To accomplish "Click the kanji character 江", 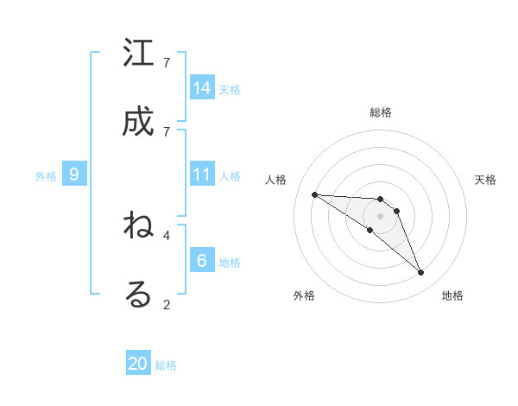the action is tap(139, 54).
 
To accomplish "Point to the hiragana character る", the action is tap(139, 294).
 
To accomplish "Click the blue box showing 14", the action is tap(202, 88).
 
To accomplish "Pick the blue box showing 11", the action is tap(202, 174).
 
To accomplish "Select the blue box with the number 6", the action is tap(202, 261).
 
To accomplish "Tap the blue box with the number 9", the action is tap(74, 174).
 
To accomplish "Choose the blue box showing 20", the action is tap(138, 364).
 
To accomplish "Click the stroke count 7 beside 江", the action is tap(167, 62).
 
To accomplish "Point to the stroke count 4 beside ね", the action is tap(167, 234).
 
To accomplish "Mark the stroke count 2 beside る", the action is tap(167, 303).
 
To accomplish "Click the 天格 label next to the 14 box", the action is tap(230, 89).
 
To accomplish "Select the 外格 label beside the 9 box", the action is tap(46, 175).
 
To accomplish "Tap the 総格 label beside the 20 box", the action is tap(166, 365).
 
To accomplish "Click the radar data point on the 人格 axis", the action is tap(314, 194).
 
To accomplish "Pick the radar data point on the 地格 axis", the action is tap(421, 273).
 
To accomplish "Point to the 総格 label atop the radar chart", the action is tap(381, 112).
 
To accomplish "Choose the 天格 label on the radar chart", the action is tap(485, 180).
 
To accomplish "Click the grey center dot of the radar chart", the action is tap(381, 215).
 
